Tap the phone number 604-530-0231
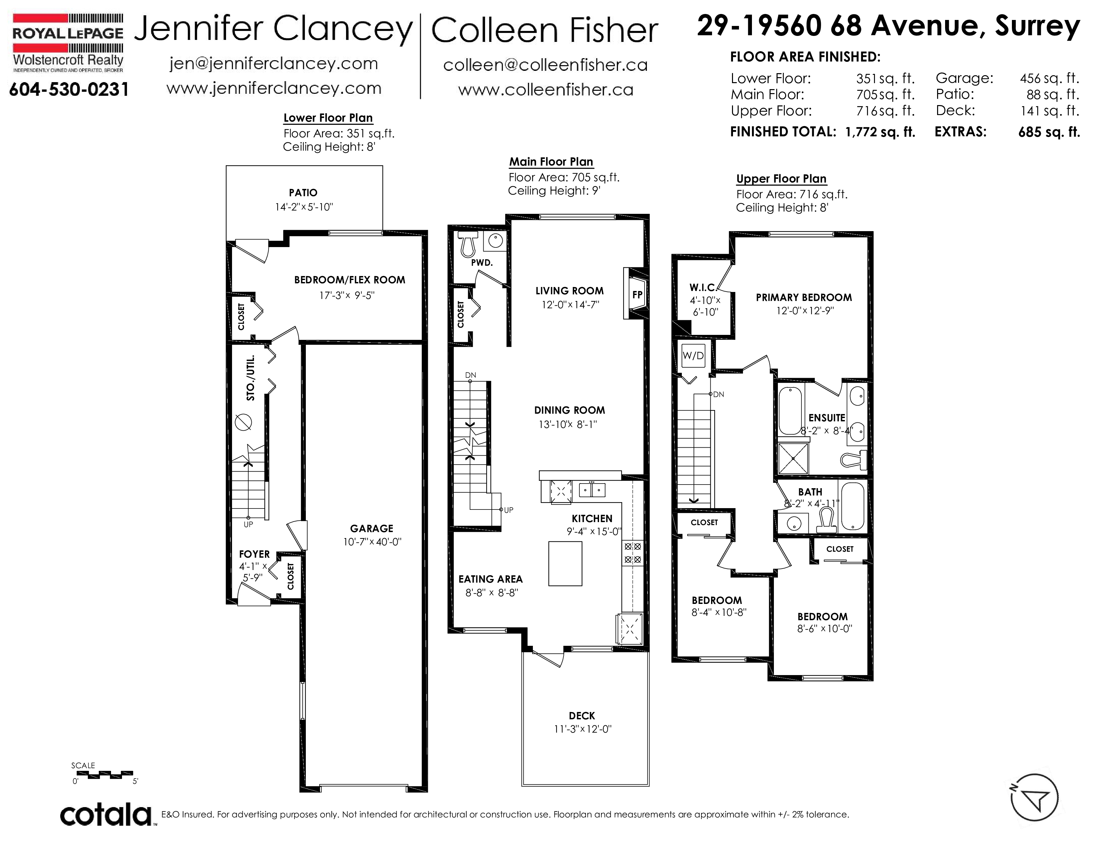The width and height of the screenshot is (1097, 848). pos(69,89)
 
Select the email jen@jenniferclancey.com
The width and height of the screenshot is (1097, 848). pos(274,64)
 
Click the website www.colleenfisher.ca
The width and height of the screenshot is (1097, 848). pos(546,90)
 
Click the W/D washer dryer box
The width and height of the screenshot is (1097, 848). pos(693,356)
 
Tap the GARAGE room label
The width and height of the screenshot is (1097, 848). pos(372,528)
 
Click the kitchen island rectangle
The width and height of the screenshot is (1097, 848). pos(565,563)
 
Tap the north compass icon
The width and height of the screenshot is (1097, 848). pos(1034,797)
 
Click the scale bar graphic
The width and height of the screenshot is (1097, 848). pos(103,774)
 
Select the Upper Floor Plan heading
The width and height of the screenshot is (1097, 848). pos(781,179)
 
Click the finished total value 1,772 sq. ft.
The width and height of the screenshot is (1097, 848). pos(880,132)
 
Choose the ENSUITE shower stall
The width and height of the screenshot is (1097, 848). pos(792,458)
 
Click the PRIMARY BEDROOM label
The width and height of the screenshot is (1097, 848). pos(804,297)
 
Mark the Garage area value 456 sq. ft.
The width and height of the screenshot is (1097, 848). pos(1049,78)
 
